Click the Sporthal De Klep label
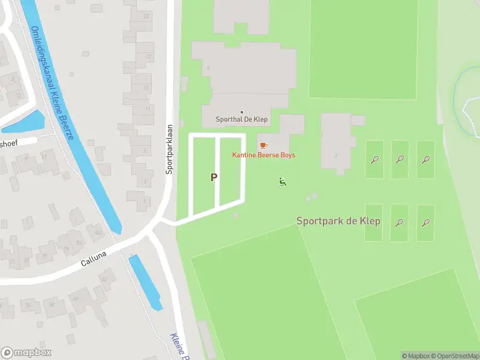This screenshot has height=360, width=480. pos(242,120)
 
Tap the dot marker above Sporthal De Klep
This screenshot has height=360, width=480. pos(242,112)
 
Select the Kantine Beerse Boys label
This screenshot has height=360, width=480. pos(263,155)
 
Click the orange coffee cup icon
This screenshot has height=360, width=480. pos(263,146)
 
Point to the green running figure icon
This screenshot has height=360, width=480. pos(283,181)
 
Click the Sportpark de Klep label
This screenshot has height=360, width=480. pos(338,221)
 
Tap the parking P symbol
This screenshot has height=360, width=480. pos(214,178)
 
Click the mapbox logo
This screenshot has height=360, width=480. pos(26,353)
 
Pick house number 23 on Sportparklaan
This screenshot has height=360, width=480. pos(147,16)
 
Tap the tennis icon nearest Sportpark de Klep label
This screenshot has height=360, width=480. pos(399,223)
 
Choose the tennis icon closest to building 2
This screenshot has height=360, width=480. pos(374,160)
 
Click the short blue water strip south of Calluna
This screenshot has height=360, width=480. pos(146,283)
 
